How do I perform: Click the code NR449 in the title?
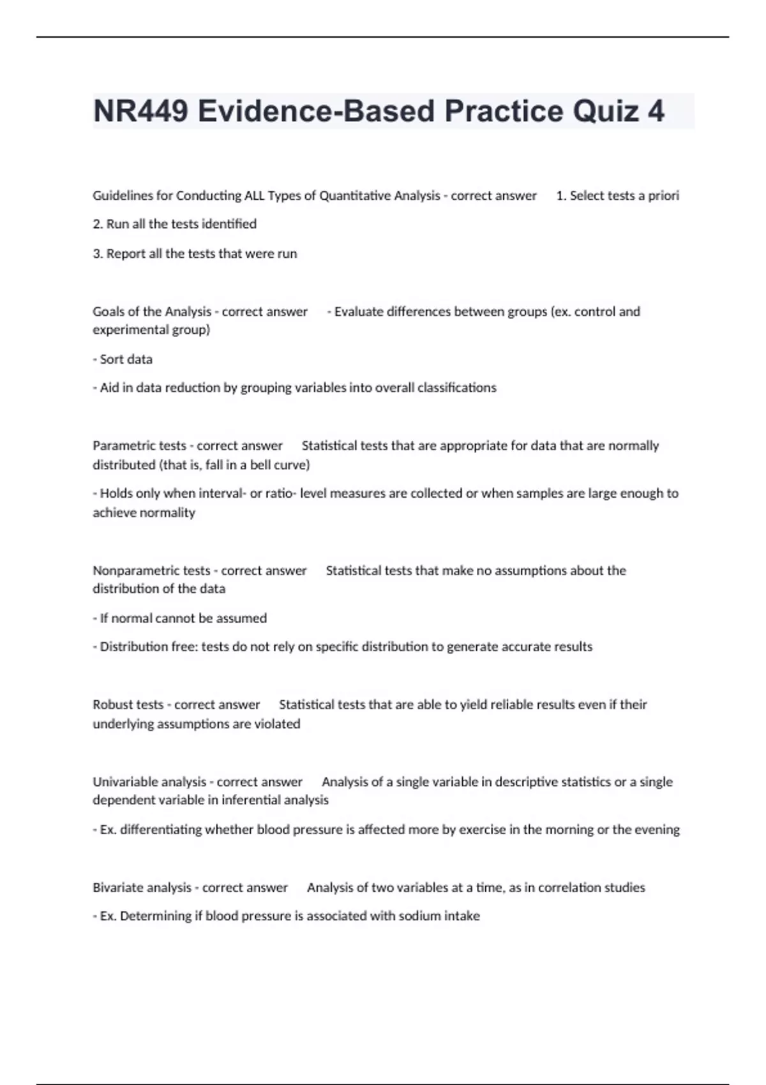point(140,112)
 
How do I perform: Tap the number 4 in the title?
point(656,112)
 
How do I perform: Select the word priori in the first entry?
point(663,196)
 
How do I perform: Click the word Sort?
point(112,359)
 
